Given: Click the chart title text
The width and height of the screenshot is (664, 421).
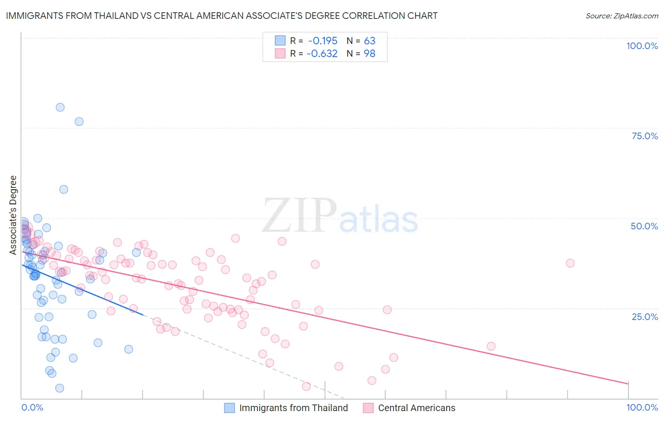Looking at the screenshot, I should pos(221,16).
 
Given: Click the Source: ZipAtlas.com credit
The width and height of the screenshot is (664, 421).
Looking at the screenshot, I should pos(621,16).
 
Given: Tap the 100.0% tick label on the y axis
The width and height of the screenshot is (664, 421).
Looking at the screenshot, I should pos(642,46).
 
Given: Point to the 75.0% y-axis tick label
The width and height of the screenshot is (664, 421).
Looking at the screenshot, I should pos(645,136).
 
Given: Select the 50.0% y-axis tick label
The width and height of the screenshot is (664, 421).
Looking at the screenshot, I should pos(644,226).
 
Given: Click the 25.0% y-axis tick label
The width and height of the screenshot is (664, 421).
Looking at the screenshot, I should pos(645,316).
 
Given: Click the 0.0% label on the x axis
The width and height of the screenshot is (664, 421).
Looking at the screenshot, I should pos(32,407).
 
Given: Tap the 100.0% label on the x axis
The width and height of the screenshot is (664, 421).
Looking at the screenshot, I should pos(642,407).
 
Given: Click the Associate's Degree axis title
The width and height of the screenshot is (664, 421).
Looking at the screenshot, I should pos(13,215).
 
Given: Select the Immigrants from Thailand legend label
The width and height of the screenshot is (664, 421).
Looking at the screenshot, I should pos(293,408).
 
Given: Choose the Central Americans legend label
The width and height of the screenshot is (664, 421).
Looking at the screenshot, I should pos(417,408).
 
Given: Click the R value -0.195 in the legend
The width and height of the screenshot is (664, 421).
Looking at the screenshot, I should pos(323,41).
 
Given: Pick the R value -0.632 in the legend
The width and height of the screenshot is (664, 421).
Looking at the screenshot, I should pos(322,53).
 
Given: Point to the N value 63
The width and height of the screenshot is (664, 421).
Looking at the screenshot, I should pos(369,41).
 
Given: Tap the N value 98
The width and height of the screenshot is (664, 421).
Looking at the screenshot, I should pos(369,53).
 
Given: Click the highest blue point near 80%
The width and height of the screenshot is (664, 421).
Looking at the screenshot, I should pos(60,107).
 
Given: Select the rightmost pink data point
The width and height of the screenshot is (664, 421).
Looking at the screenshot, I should pos(570,263).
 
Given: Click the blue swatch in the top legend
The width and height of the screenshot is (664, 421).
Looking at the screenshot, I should pos(281,41).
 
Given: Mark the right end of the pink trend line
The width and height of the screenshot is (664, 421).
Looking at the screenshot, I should pos(628,383).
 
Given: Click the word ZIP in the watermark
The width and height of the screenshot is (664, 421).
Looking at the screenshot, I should pos(299,216).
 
